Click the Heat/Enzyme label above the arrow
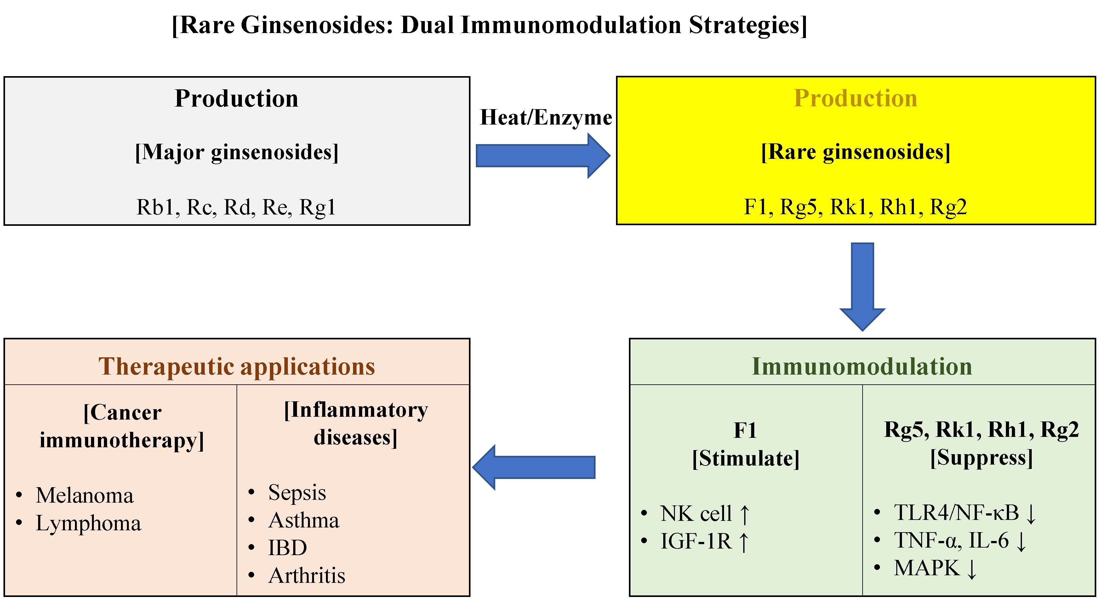pos(545,117)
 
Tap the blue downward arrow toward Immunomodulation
pos(862,286)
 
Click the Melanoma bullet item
pos(85,495)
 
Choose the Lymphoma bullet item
pos(88,523)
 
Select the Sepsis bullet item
pos(297,492)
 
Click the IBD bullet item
pos(287,548)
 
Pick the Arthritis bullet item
pos(306,576)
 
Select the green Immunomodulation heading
pos(862,366)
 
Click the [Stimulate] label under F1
pos(745,459)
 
